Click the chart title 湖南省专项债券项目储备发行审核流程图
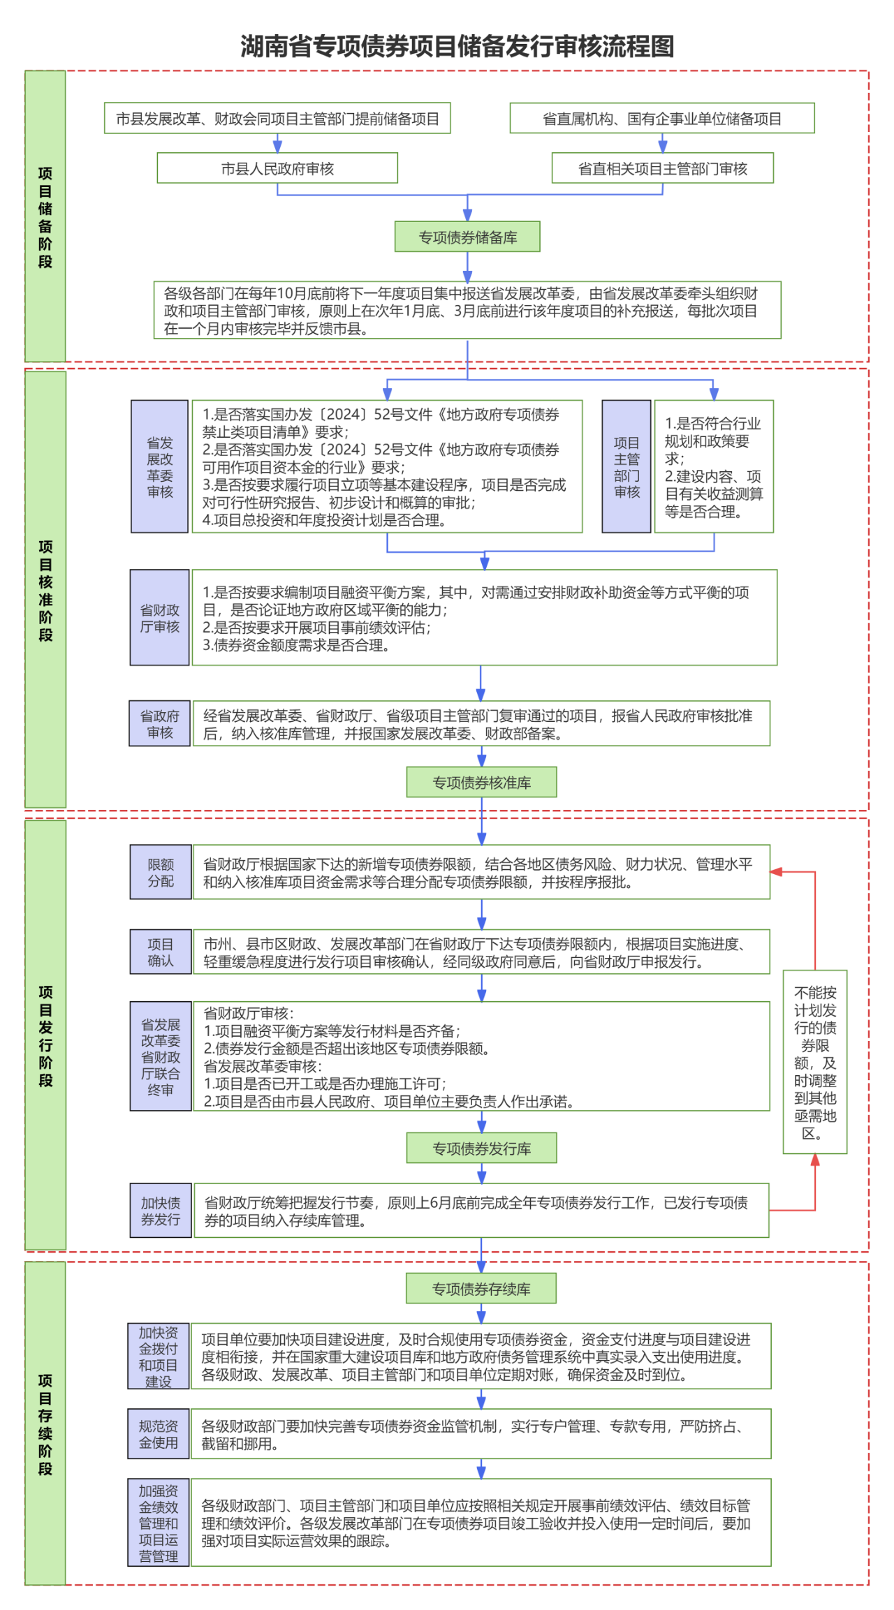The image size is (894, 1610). coord(457,47)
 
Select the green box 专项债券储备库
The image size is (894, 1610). coord(467,237)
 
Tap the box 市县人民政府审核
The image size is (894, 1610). coord(277,168)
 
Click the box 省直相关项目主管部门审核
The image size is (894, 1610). coord(662,168)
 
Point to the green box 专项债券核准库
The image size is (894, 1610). coord(481,783)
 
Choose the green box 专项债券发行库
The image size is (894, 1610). coord(481,1149)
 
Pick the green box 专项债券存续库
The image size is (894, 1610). coord(481,1289)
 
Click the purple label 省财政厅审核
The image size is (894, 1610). coord(160,618)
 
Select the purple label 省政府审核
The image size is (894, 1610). coord(160,724)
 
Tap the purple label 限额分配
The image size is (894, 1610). coord(161,873)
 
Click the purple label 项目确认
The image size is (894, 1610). coord(161,952)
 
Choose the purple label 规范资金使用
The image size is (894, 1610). coord(159,1434)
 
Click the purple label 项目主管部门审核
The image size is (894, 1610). coord(626,467)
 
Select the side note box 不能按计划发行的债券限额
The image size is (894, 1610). coord(815,1062)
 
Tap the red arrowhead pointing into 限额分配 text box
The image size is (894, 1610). coord(776,872)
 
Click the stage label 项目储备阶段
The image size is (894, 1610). coord(45,216)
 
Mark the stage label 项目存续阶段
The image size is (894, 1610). coord(45,1424)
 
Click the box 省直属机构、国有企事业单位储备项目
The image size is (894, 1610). coord(662,119)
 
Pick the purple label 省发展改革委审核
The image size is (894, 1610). coord(160,467)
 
